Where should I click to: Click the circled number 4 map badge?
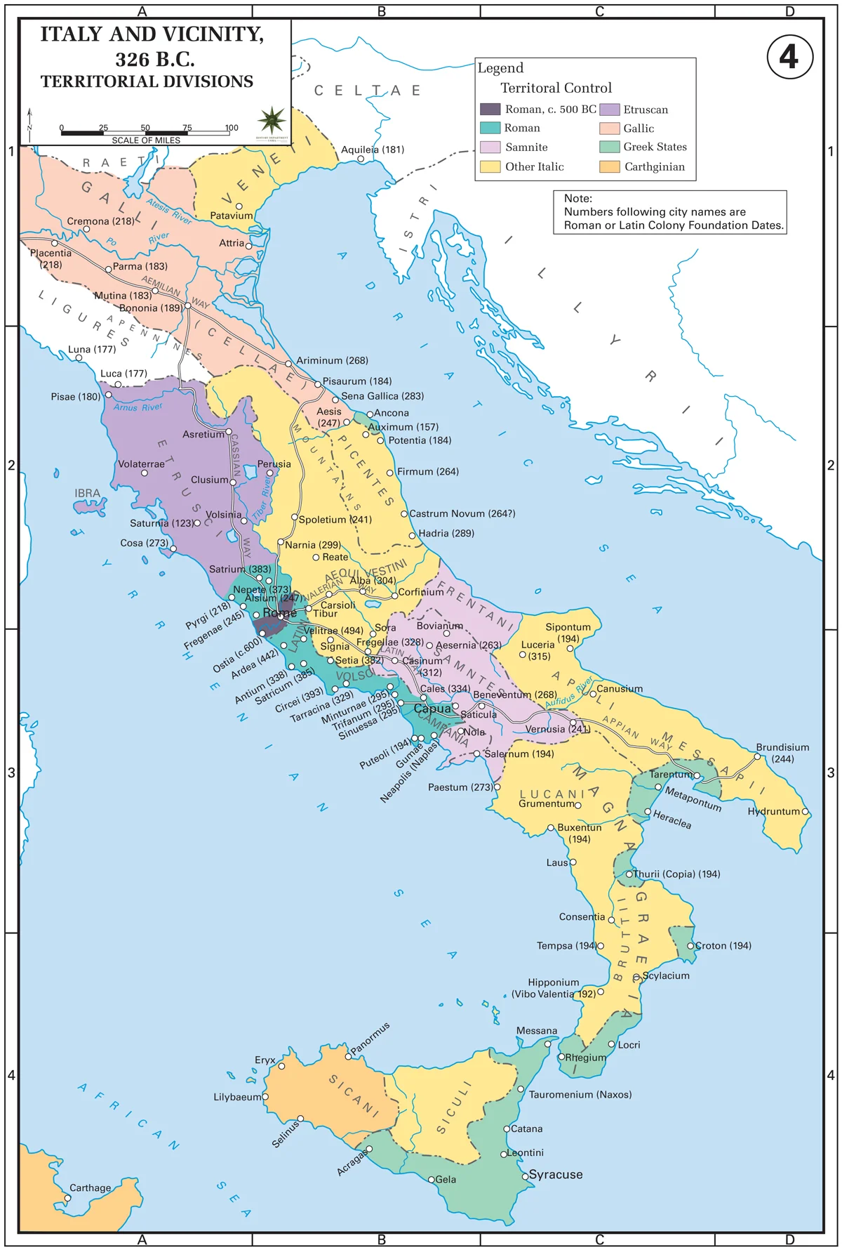pos(789,57)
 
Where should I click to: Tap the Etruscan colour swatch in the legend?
pos(610,110)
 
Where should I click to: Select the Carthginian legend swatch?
pos(610,166)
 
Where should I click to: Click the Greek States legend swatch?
pos(610,147)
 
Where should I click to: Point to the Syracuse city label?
pos(556,1174)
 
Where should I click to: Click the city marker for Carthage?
pos(68,1197)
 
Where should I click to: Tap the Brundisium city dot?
pos(757,757)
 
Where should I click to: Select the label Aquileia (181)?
pos(373,150)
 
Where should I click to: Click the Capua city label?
pos(432,709)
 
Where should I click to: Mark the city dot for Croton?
pos(690,946)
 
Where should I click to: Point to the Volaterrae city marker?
pos(145,473)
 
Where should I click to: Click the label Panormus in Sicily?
pos(370,1038)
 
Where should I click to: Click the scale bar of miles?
pos(146,132)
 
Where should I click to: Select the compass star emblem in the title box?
pos(272,121)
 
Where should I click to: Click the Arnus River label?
pos(138,407)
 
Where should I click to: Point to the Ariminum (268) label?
pos(332,360)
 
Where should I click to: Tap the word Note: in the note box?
pos(577,199)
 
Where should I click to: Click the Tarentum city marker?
pos(698,775)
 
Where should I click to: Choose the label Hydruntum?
pos(773,811)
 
